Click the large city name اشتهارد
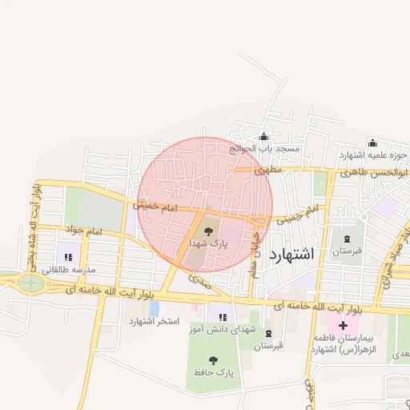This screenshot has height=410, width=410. (x=292, y=254)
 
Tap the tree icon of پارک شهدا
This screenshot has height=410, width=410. (x=209, y=231)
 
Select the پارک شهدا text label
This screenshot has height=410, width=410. (x=209, y=242)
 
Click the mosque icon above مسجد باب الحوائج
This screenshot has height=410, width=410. (x=264, y=137)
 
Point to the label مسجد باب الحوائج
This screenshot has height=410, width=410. (x=264, y=148)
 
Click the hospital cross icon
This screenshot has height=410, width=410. (x=344, y=326)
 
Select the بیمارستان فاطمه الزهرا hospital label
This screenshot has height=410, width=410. (x=344, y=344)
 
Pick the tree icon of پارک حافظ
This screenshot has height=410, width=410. (x=212, y=360)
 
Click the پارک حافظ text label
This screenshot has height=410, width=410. (x=212, y=372)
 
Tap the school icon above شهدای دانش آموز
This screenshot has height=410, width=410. (x=222, y=318)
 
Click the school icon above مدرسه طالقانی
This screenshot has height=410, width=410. (x=68, y=257)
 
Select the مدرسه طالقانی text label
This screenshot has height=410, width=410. (x=68, y=269)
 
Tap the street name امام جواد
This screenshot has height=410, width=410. (x=86, y=232)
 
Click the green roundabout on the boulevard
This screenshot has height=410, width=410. (x=31, y=282)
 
